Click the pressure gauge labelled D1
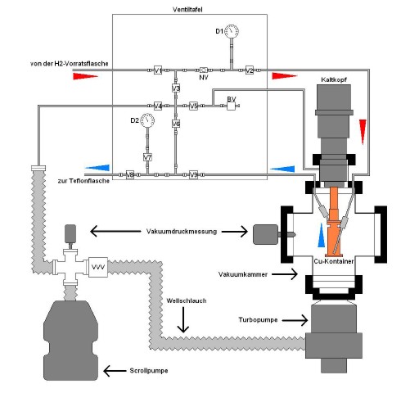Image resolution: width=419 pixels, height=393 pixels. click(x=232, y=31)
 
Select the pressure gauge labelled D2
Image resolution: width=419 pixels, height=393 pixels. click(x=147, y=120)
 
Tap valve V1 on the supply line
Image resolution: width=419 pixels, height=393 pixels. click(x=158, y=70)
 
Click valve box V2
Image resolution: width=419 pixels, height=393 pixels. click(x=249, y=70)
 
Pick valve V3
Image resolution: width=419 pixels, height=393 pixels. click(x=176, y=88)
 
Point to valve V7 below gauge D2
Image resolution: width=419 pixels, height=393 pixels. click(x=147, y=157)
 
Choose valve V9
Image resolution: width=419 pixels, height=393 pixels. click(x=193, y=174)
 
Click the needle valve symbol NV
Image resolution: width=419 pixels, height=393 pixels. click(x=204, y=70)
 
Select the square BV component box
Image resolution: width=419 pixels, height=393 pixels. click(x=232, y=106)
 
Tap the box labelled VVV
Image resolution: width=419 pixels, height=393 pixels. click(x=98, y=267)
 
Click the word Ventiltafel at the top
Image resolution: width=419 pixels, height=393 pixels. click(x=187, y=10)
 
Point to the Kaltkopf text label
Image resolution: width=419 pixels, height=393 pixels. click(x=334, y=79)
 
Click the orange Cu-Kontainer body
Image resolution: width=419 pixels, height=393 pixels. click(x=334, y=221)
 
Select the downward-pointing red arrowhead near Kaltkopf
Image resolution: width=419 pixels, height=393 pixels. click(x=363, y=132)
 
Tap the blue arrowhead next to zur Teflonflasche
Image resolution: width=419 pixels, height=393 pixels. click(x=97, y=168)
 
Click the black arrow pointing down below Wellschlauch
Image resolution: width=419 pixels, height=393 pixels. click(x=183, y=319)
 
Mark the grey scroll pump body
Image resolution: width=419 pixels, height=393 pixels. click(x=70, y=340)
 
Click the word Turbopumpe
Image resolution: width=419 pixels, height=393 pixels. click(x=258, y=319)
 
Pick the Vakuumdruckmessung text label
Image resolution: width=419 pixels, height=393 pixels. click(x=182, y=232)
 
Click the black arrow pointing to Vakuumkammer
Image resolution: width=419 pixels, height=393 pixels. click(x=285, y=274)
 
